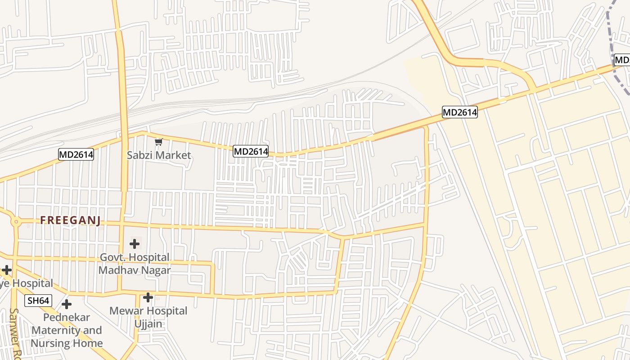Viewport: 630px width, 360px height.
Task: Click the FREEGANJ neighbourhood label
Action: point(70,220)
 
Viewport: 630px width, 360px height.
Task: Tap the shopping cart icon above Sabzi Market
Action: point(158,142)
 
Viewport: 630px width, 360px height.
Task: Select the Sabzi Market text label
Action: point(159,155)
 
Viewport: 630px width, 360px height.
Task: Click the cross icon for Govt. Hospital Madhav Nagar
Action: point(134,244)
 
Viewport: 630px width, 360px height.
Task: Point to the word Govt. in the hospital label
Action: point(112,258)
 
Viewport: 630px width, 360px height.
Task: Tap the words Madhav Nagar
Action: point(135,270)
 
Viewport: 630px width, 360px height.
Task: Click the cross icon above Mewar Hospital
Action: point(148,297)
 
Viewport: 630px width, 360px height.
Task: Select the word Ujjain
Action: point(148,324)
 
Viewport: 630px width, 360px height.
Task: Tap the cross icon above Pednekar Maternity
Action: point(67,304)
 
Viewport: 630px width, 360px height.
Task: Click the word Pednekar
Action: point(67,317)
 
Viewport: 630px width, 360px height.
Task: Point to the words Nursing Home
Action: point(67,343)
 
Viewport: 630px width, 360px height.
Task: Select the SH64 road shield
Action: point(38,301)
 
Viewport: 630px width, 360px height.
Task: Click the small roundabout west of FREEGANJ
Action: point(16,221)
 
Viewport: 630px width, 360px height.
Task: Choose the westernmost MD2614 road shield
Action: point(76,155)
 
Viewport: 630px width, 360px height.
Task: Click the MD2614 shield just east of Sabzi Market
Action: point(251,152)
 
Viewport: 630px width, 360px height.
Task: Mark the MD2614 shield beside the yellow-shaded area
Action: point(459,112)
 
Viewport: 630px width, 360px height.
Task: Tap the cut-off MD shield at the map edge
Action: point(622,60)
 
